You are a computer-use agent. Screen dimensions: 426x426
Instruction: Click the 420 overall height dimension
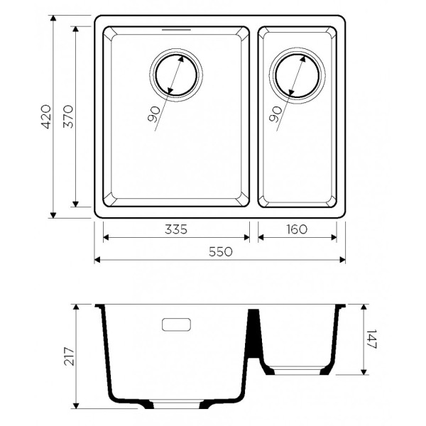coord(46,116)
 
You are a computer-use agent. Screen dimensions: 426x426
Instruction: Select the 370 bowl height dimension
coord(68,116)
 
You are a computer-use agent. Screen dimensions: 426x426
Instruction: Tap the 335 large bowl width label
coord(176,229)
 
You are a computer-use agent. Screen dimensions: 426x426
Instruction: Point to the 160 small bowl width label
coord(297,229)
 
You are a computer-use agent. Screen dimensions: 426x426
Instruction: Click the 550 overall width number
coord(221,252)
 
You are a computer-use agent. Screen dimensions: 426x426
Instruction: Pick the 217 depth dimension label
coord(69,356)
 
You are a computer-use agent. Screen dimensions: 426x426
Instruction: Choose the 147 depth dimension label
coord(371,339)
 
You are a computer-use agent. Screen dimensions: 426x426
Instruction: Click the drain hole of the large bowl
coord(176,75)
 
